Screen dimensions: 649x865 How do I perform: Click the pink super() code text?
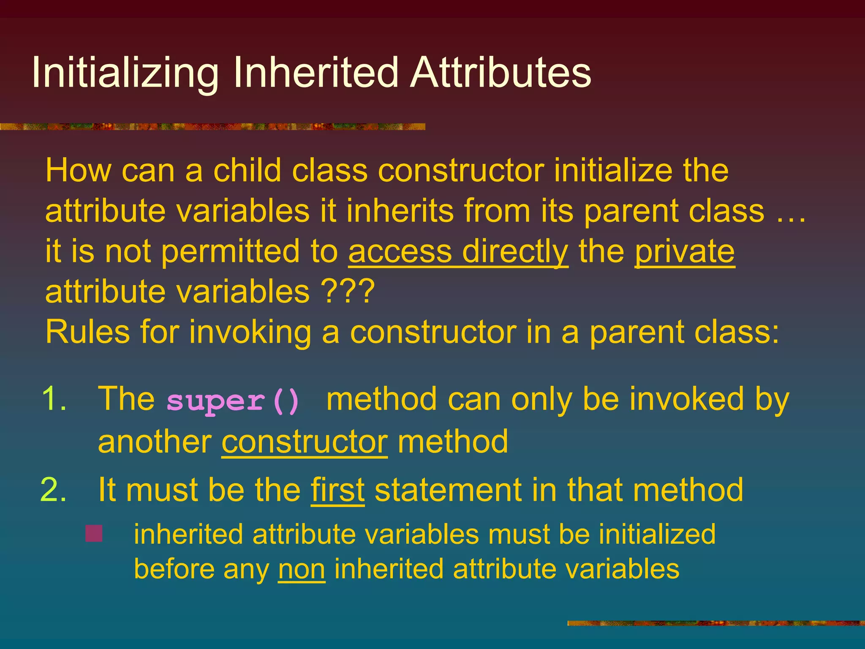coord(233,400)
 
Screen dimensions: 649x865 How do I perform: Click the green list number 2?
coord(54,490)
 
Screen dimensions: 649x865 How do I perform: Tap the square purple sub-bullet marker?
coord(94,533)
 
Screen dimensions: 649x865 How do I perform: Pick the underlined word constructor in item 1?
coord(304,442)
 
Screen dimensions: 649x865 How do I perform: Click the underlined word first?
coord(337,490)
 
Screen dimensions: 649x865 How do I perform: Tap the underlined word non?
coord(302,569)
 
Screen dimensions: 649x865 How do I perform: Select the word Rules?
coord(87,332)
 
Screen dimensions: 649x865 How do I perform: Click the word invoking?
coord(250,332)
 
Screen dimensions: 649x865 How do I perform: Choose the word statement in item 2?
coord(448,490)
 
